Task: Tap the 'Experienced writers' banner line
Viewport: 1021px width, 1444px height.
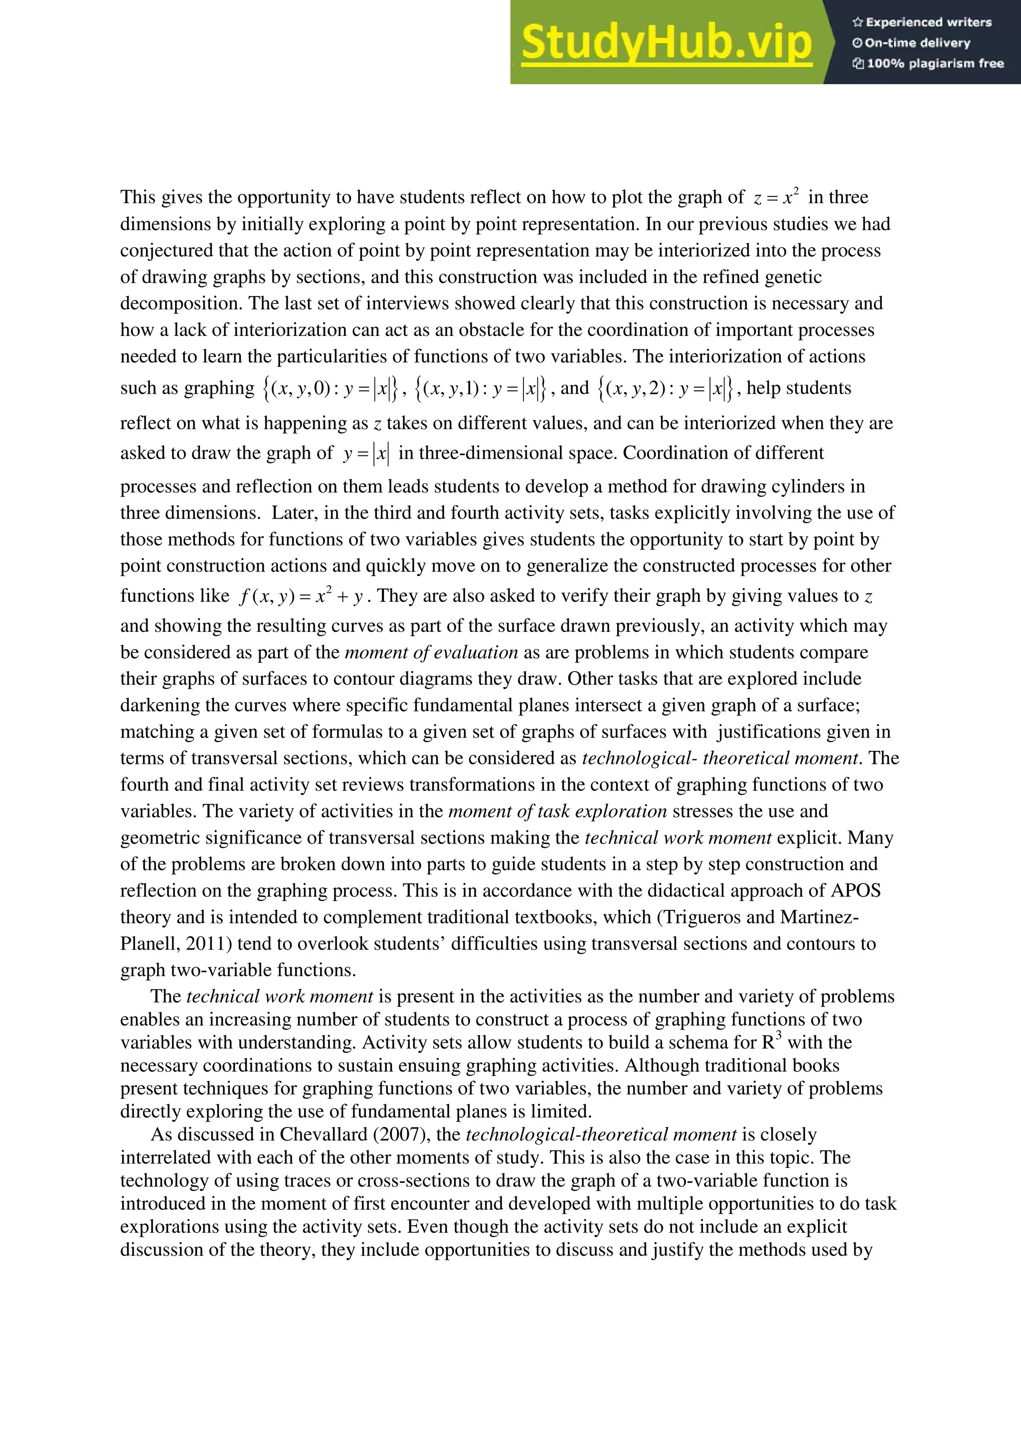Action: [922, 22]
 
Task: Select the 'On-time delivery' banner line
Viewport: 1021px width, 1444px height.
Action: [911, 43]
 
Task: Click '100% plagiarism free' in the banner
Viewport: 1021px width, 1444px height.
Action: [929, 63]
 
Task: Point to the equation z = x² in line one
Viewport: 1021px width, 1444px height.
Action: [776, 197]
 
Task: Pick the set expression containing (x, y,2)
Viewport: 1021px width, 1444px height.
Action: [665, 389]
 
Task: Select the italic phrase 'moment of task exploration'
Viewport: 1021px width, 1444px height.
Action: [557, 811]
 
